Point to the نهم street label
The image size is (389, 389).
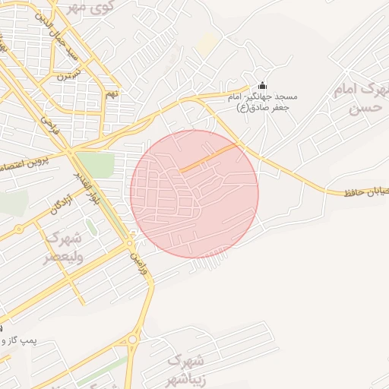point(112,93)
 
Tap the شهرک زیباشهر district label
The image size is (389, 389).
point(185,366)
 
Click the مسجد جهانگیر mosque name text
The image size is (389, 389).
point(263,101)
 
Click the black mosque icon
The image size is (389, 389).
point(263,84)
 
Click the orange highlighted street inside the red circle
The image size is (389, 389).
point(208,158)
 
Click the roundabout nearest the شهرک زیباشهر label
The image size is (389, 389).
point(134,339)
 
